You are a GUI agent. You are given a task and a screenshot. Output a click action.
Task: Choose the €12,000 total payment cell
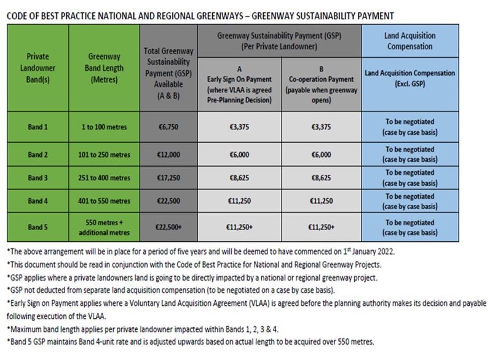(168, 153)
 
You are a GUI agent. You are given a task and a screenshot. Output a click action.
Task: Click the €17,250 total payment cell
(168, 178)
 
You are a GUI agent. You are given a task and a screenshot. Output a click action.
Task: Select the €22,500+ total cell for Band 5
(168, 227)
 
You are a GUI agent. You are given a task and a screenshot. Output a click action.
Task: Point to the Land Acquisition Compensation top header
(409, 41)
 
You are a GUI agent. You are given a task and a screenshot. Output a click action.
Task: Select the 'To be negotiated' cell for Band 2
(409, 153)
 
